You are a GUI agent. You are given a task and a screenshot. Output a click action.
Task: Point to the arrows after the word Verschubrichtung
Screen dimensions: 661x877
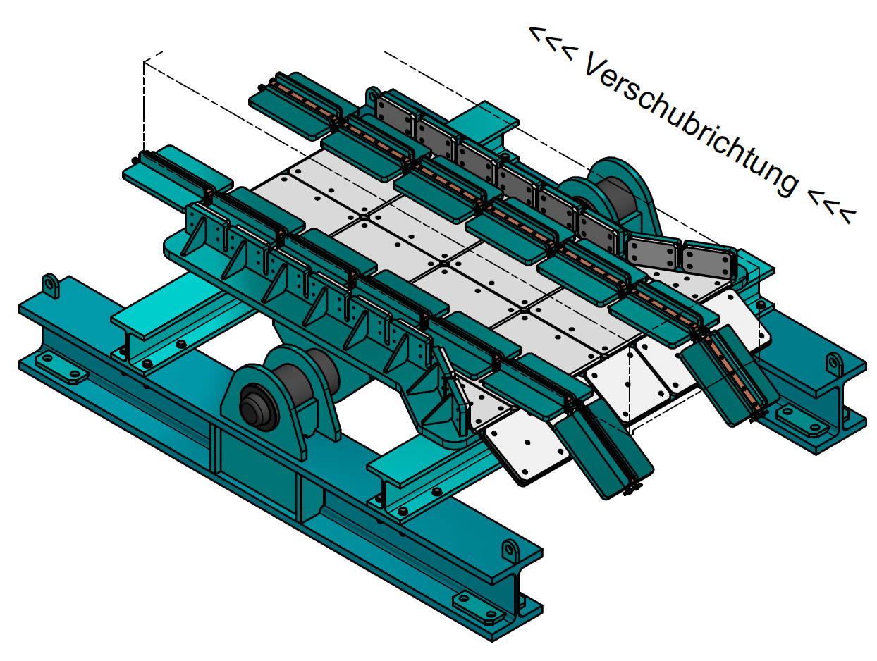[833, 203]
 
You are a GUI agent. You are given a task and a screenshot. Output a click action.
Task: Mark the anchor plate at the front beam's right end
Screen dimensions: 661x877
[479, 607]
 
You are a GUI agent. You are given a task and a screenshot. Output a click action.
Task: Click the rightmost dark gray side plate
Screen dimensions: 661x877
[709, 262]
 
